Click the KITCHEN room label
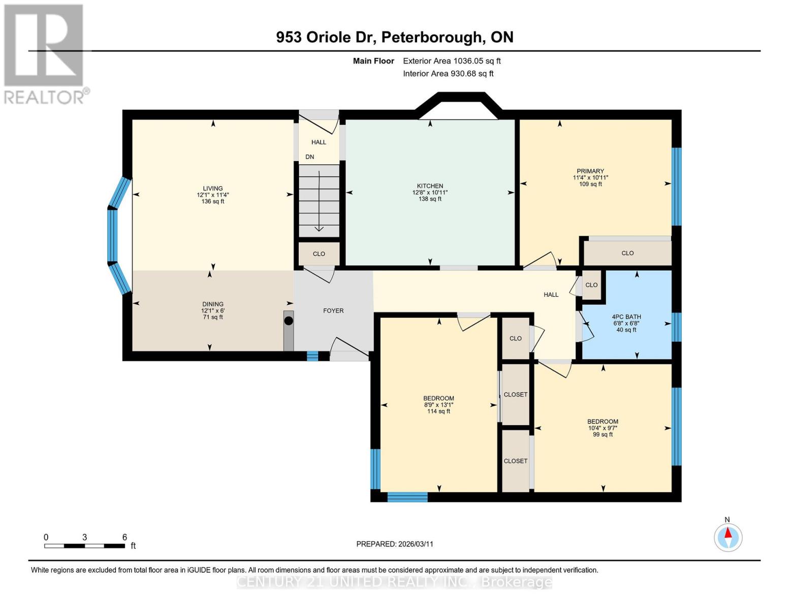[430, 186]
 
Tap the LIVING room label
[213, 189]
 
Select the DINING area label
[213, 304]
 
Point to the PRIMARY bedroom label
[590, 171]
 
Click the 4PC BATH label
[626, 317]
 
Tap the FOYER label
[333, 311]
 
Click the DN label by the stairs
[309, 157]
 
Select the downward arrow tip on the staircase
[319, 229]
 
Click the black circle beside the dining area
[289, 321]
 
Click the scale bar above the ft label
[84, 546]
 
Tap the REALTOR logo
[45, 53]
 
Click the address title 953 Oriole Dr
[394, 37]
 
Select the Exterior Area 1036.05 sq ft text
[452, 61]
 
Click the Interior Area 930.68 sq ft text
[448, 74]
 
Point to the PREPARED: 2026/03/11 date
[394, 544]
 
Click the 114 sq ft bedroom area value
[438, 411]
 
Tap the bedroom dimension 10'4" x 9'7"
[603, 428]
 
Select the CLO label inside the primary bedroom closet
[627, 253]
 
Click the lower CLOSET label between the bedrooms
[515, 461]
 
